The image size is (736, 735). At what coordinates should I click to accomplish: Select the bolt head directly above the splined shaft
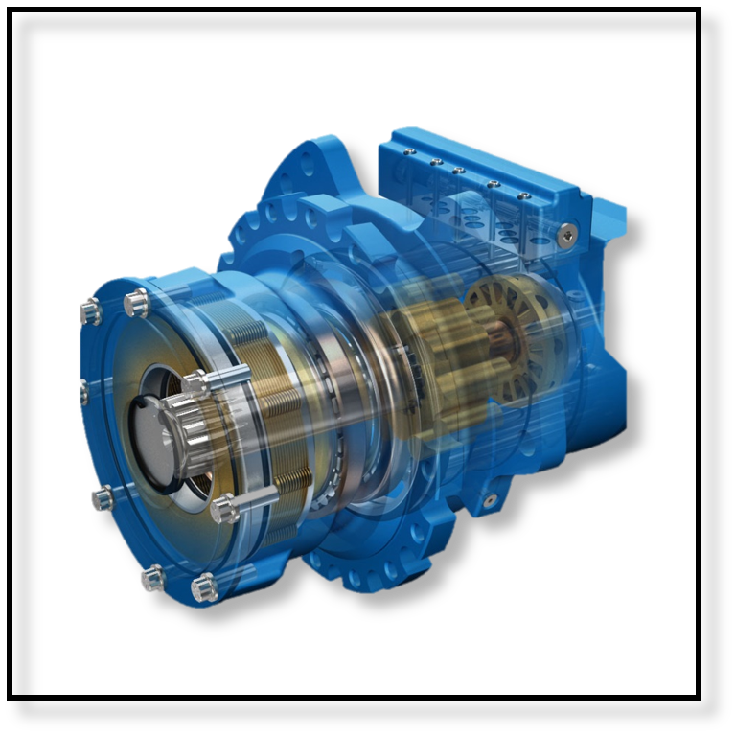point(196,381)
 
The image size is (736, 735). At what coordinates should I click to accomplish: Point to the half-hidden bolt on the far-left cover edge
point(82,390)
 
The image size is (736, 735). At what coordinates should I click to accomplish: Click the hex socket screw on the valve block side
point(571,231)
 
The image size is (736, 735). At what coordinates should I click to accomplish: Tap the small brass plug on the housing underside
point(491,500)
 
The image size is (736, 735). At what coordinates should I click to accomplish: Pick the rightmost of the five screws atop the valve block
point(523,196)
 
